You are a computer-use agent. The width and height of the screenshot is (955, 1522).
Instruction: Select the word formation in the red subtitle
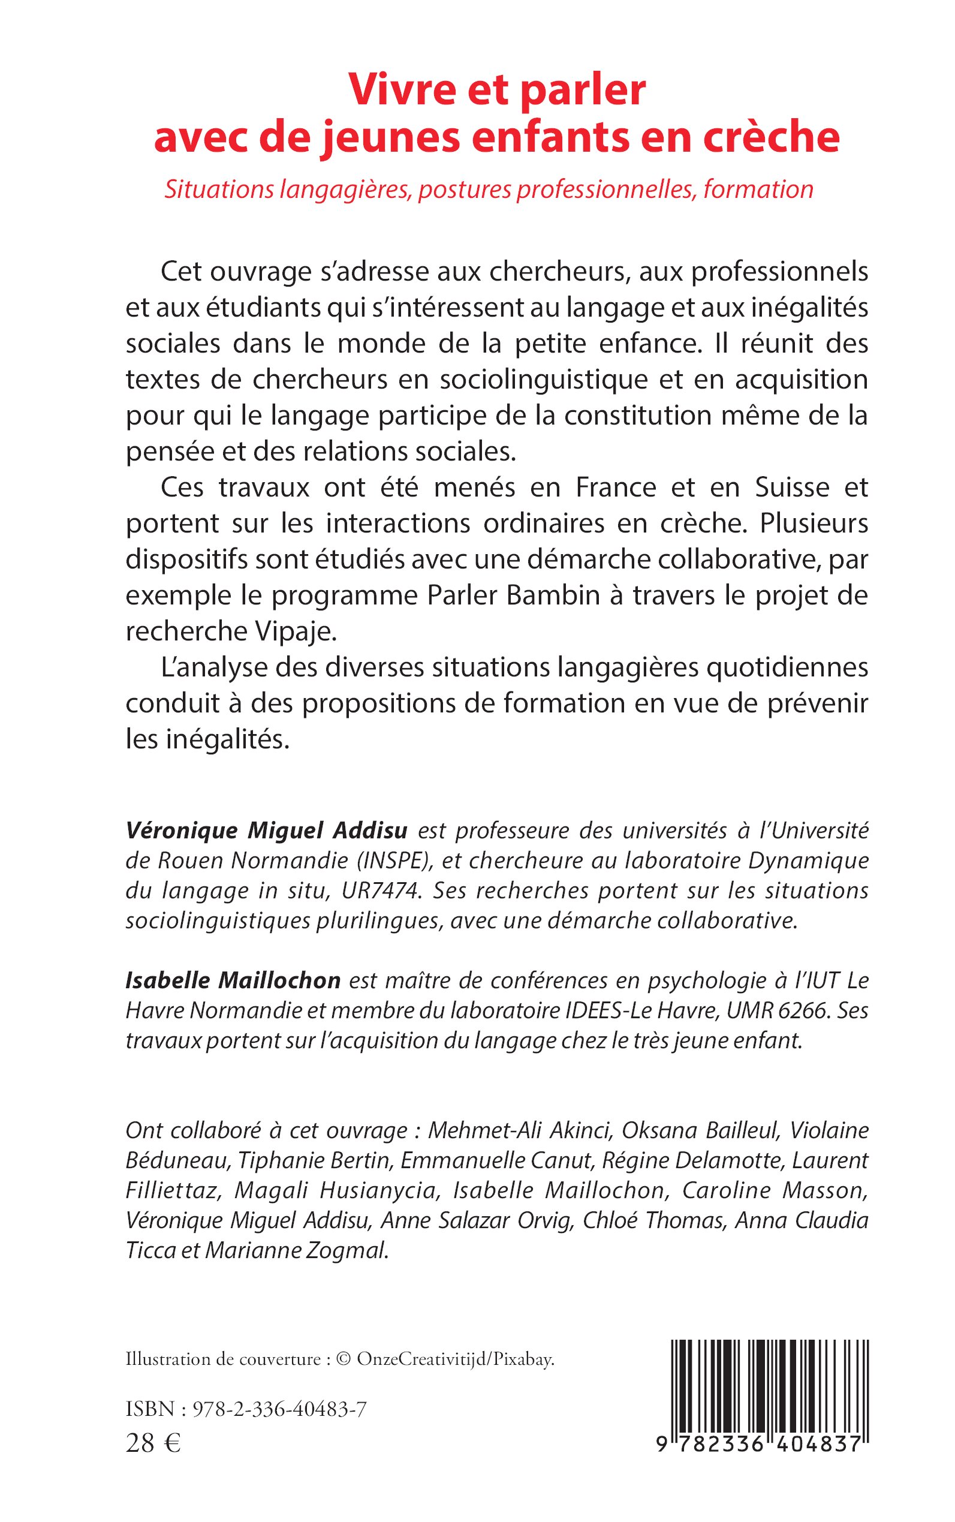coord(758,190)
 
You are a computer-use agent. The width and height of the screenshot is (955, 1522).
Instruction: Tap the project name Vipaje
coord(295,631)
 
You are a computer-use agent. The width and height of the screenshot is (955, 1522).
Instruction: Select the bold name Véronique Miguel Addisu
coord(267,830)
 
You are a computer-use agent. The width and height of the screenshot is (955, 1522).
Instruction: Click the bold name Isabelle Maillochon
coord(233,980)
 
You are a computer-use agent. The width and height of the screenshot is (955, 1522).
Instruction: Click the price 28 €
coord(153,1442)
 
